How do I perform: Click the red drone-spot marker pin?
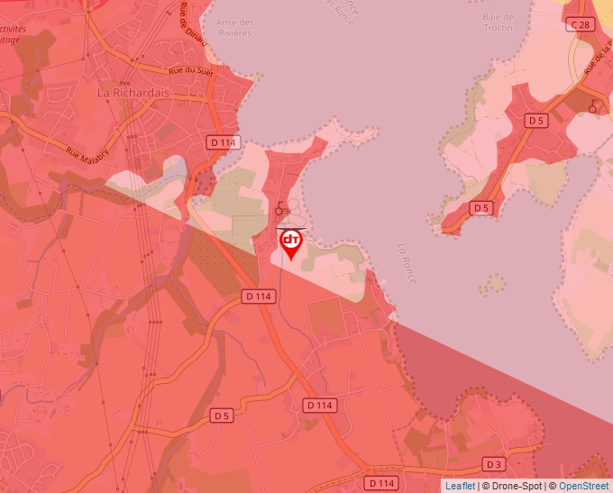290,242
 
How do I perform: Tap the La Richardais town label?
134,92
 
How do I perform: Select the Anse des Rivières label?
235,27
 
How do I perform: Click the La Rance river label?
407,264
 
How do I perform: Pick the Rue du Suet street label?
190,72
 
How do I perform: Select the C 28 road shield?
583,25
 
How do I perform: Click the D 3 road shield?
493,464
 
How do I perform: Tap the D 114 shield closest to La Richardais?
223,142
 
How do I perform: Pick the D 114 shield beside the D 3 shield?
382,483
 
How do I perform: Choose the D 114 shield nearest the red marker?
258,296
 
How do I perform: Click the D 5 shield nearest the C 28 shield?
536,120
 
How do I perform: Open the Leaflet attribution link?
460,486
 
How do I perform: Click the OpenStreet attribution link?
584,486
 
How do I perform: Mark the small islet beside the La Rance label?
491,286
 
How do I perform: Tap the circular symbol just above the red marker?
279,211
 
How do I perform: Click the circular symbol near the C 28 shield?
592,108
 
